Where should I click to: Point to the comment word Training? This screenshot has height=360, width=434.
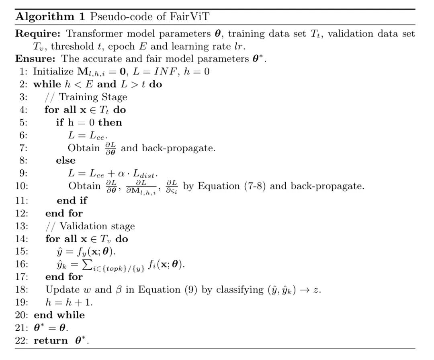(81, 97)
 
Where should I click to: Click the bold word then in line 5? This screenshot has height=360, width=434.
(110, 122)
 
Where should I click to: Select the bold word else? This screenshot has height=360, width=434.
(66, 160)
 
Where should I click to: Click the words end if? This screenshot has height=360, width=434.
(72, 200)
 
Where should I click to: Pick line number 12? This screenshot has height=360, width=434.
(21, 213)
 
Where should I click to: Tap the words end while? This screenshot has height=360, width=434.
(59, 315)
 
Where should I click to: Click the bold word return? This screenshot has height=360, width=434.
(51, 341)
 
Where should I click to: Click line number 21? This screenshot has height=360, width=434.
(21, 328)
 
